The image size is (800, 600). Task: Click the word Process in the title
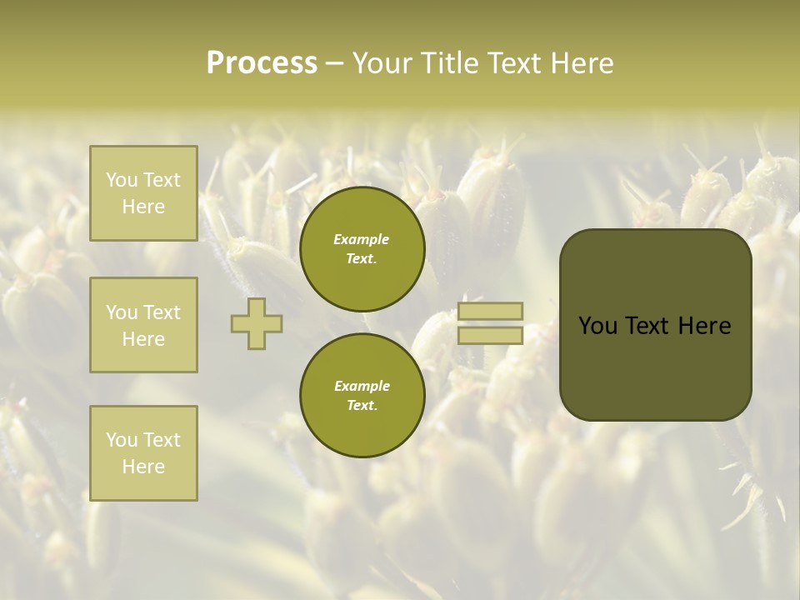tap(262, 63)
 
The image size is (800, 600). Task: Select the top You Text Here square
tap(143, 193)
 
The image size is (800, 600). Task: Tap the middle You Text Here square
tap(143, 325)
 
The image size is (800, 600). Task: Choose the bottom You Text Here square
tap(143, 453)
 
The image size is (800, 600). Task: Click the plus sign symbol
tap(257, 323)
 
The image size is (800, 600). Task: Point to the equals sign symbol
tap(490, 323)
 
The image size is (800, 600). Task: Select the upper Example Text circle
tap(362, 249)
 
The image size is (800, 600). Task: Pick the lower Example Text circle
tap(362, 395)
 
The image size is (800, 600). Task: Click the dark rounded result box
tap(655, 325)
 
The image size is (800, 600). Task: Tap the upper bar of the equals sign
tap(490, 312)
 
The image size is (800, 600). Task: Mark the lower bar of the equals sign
tap(490, 335)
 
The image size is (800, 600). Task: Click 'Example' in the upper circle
tap(362, 239)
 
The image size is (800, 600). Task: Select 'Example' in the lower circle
tap(362, 386)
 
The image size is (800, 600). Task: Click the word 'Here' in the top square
tap(143, 207)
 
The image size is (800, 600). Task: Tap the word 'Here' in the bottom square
tap(143, 467)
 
